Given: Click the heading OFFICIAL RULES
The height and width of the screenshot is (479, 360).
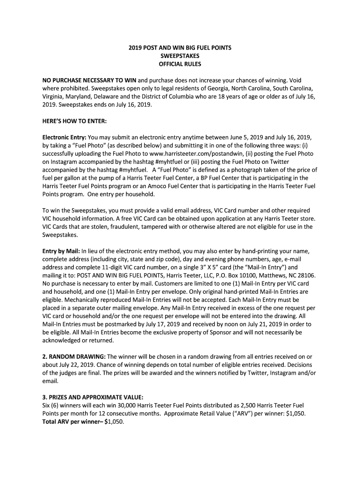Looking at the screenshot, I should point(180,64).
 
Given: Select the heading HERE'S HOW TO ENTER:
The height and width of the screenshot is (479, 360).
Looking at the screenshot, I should point(75,122).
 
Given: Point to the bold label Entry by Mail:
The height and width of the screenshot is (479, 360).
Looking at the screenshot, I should point(61,251).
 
